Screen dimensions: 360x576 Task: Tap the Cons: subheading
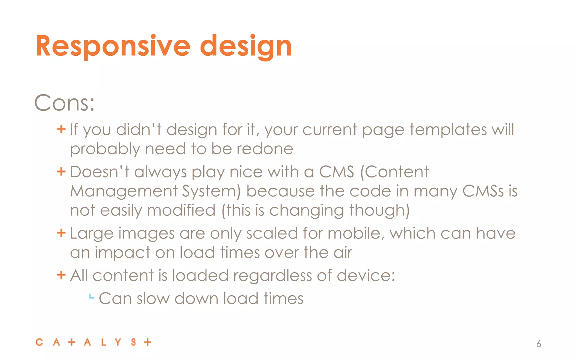[64, 103]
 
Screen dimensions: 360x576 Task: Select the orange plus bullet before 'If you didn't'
[61, 129]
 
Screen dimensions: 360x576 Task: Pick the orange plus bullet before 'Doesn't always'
[61, 171]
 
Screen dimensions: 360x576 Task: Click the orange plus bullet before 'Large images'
[61, 233]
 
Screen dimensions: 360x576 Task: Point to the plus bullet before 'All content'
[61, 275]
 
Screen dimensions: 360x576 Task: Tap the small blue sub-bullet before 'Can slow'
[91, 297]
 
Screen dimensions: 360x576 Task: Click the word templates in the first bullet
[448, 130]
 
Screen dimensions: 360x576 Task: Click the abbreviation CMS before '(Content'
[336, 172]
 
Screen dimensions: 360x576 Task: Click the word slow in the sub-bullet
[153, 299]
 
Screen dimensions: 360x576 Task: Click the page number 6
[539, 344]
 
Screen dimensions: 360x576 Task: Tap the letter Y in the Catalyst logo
[118, 342]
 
